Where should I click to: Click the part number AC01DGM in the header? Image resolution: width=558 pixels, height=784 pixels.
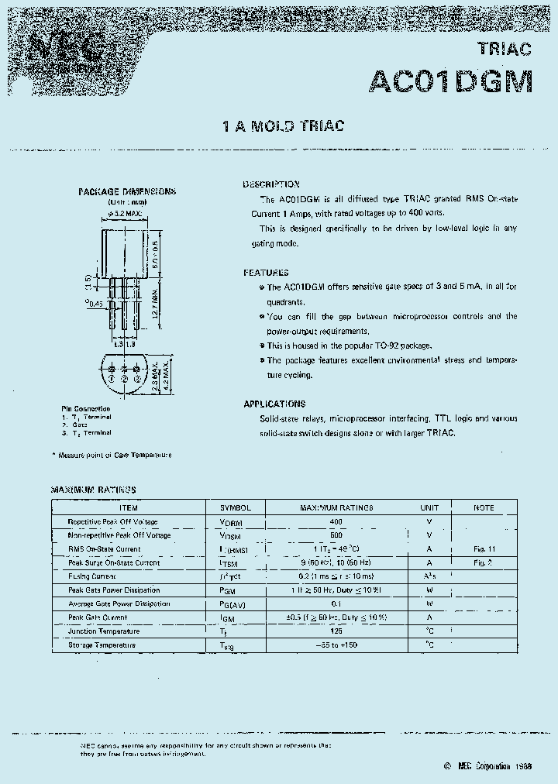tap(452, 81)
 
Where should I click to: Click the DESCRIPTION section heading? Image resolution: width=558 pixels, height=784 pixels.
tap(271, 184)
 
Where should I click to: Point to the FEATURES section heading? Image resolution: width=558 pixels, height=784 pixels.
tap(266, 273)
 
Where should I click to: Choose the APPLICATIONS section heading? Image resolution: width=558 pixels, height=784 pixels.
tap(274, 404)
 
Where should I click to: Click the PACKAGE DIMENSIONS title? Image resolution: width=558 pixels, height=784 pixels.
tap(127, 191)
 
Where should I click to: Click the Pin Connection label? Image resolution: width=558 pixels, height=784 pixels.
tap(85, 408)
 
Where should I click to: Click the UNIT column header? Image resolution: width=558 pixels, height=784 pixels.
tap(429, 507)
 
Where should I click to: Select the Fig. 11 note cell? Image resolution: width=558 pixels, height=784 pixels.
tap(484, 548)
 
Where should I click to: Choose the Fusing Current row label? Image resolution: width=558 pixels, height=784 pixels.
tap(93, 576)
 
